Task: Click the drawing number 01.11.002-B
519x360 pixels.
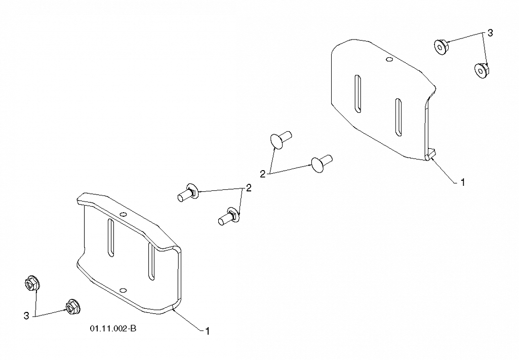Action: [x=113, y=329]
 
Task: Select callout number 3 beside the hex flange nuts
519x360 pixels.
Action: [x=26, y=315]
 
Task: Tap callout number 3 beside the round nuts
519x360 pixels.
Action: [x=490, y=33]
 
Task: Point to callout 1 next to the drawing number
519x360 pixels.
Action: [x=208, y=331]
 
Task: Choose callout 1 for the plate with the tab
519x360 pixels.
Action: [x=463, y=182]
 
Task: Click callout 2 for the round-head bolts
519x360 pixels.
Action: [x=262, y=174]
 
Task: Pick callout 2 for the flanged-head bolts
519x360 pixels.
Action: [x=248, y=188]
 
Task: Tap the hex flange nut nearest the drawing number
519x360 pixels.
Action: [x=73, y=307]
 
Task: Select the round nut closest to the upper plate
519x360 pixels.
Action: [x=441, y=47]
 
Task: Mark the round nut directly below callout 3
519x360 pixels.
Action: [x=482, y=70]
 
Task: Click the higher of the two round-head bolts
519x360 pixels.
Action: [x=281, y=140]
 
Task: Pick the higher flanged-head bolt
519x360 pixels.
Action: [x=188, y=192]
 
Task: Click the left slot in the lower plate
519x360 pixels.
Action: [x=110, y=237]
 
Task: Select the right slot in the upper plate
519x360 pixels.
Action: [x=398, y=117]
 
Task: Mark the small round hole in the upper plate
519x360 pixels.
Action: [x=389, y=60]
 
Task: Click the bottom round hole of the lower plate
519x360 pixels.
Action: [x=123, y=290]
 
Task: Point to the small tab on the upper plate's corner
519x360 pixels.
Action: [x=431, y=154]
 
